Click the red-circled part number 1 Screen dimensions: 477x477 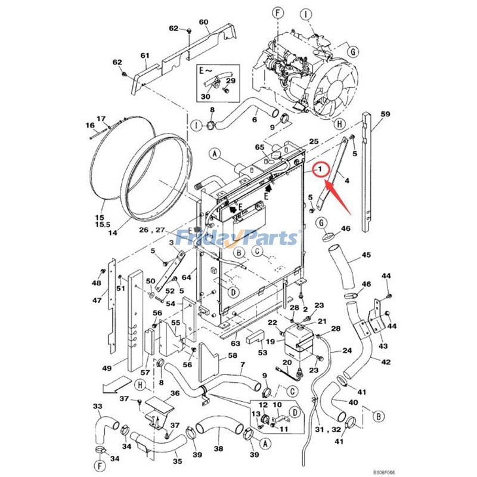pyautogui.click(x=320, y=170)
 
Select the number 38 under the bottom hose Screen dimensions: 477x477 pyautogui.click(x=218, y=449)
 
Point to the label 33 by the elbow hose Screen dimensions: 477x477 pyautogui.click(x=97, y=406)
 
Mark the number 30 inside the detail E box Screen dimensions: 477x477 pyautogui.click(x=205, y=97)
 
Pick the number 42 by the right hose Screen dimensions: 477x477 pyautogui.click(x=386, y=361)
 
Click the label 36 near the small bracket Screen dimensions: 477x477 pyautogui.click(x=175, y=393)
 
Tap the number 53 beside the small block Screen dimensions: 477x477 pyautogui.click(x=263, y=353)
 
